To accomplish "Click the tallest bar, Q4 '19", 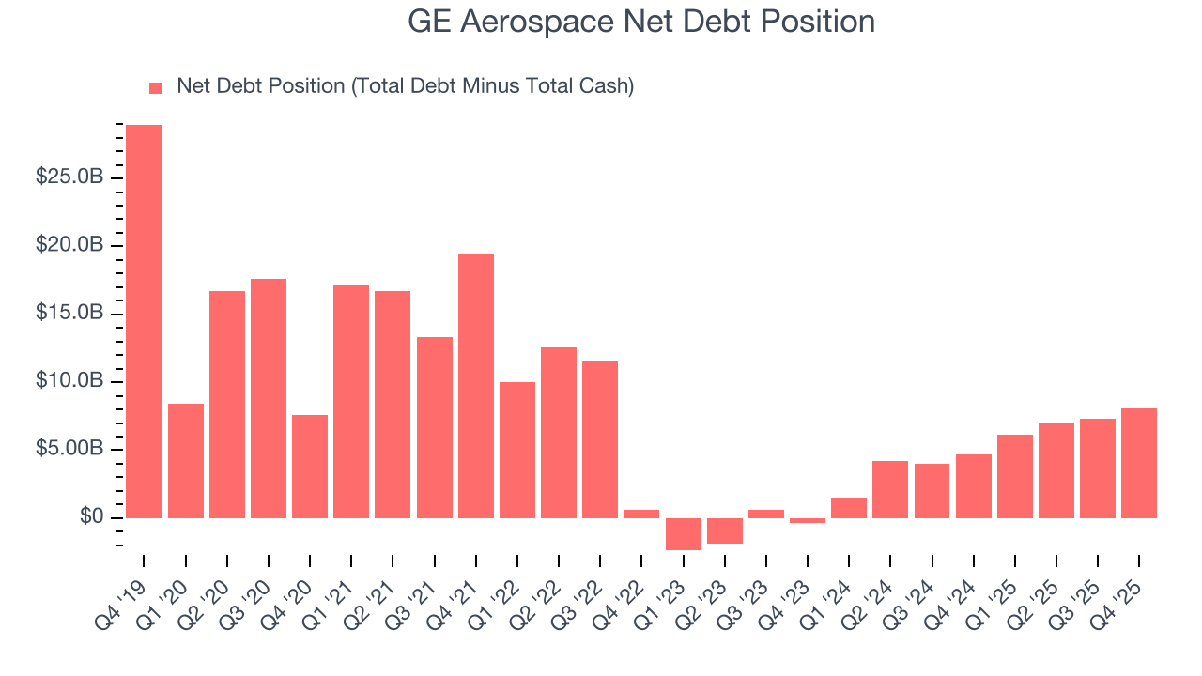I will pyautogui.click(x=144, y=321).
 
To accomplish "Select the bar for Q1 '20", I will pyautogui.click(x=185, y=460).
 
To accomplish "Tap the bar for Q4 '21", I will pyautogui.click(x=476, y=386).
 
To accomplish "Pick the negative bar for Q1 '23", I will pyautogui.click(x=683, y=533).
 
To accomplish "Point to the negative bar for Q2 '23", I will pyautogui.click(x=724, y=530).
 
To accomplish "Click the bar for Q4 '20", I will pyautogui.click(x=310, y=466).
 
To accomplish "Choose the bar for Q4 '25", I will pyautogui.click(x=1138, y=463).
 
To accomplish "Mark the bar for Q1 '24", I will pyautogui.click(x=849, y=507).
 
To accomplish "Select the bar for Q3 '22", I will pyautogui.click(x=600, y=439).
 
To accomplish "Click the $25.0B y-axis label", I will pyautogui.click(x=69, y=177).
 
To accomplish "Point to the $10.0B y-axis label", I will pyautogui.click(x=69, y=381).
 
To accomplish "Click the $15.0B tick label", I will pyautogui.click(x=69, y=314).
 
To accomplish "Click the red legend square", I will pyautogui.click(x=156, y=87).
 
